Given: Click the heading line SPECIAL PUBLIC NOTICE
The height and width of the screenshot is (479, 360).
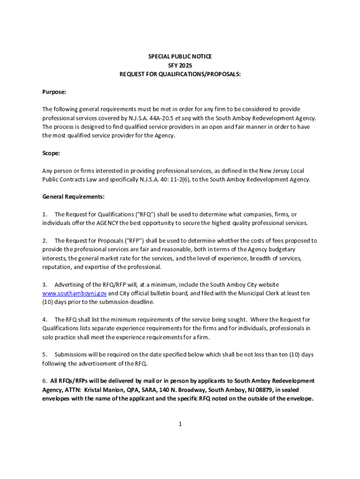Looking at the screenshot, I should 180,57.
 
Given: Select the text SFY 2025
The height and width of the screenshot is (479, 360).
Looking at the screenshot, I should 180,65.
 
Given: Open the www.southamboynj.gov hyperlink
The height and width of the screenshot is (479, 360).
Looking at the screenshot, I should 74,293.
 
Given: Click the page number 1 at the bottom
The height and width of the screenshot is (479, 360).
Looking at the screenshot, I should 180,424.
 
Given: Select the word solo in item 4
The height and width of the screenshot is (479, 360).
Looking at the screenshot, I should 48,337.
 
